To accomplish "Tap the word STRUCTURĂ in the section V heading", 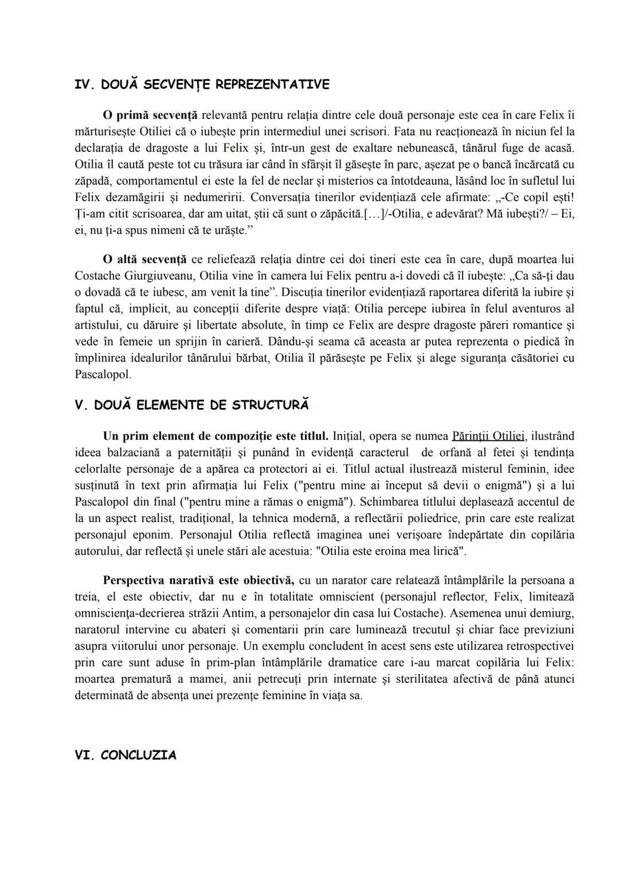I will [x=270, y=405].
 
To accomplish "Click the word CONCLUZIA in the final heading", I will [x=138, y=755].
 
